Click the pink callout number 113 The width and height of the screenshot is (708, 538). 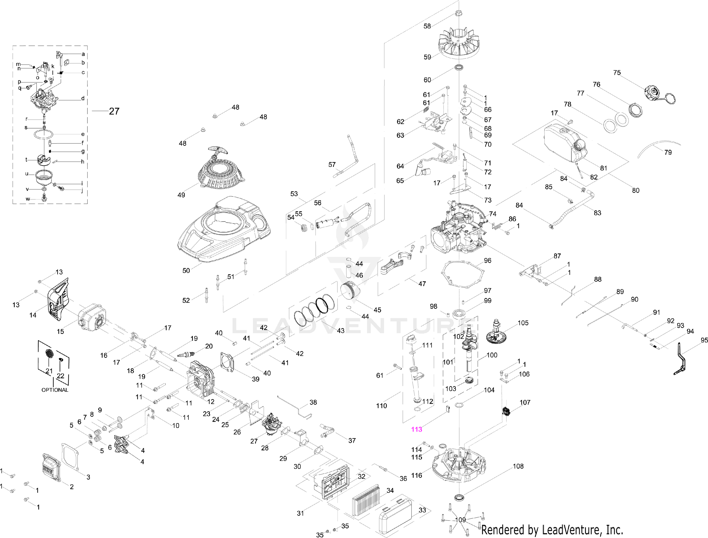416,429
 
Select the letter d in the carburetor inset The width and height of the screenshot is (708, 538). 83,98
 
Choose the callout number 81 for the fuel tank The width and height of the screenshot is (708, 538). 603,168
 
